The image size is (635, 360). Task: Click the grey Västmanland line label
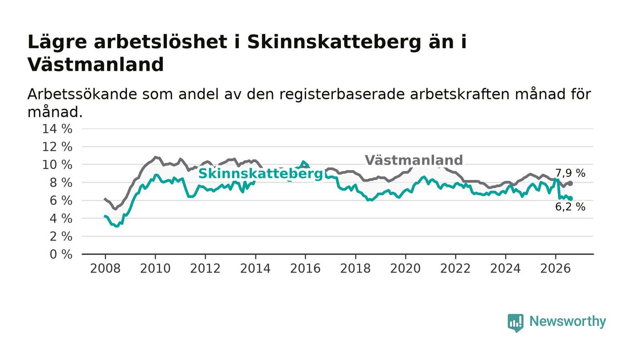coord(414,160)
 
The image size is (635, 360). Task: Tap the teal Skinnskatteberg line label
coord(260,174)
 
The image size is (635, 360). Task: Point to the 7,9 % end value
coord(570,173)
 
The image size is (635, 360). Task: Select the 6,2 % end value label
coord(570,207)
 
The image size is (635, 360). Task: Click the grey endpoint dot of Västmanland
coord(571,184)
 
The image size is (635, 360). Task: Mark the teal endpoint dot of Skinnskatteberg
coord(571,199)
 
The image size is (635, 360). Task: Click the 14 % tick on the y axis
coord(57,129)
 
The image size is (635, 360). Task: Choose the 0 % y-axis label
coord(61,254)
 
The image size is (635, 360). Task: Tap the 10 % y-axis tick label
coord(57,165)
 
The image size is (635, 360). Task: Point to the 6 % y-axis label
coord(61,201)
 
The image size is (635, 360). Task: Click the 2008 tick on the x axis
coord(105,268)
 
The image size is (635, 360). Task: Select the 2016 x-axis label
coord(305,268)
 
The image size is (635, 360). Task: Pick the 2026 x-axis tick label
coord(555,268)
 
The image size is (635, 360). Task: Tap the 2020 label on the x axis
coord(405,268)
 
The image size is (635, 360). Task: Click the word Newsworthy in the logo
coord(567,321)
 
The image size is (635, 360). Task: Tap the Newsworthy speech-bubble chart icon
coord(515,323)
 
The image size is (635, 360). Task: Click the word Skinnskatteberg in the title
coord(334,42)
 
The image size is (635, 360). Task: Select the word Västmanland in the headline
coord(96,65)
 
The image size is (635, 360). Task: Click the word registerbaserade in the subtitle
coord(342,95)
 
